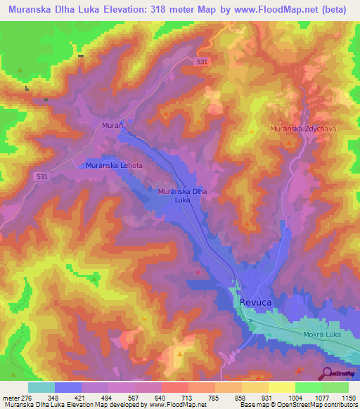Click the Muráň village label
[115, 124]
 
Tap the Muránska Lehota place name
[114, 165]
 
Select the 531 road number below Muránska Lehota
[42, 178]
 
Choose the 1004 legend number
[295, 397]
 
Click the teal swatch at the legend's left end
[41, 387]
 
